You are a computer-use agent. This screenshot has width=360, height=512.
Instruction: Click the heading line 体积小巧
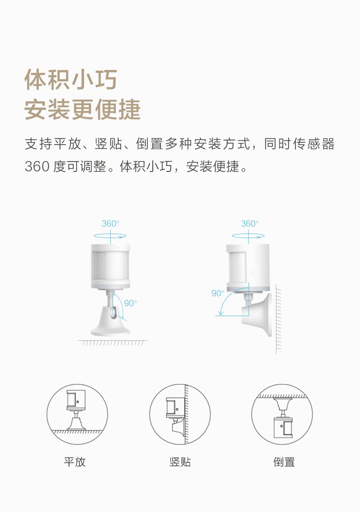(71, 79)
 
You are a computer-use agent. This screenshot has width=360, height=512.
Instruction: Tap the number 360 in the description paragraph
(37, 166)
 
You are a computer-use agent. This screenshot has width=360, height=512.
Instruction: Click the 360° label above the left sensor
(110, 224)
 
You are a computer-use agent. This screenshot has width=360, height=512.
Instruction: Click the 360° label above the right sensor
(250, 224)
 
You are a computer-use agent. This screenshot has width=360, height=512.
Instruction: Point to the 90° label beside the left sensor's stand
(130, 303)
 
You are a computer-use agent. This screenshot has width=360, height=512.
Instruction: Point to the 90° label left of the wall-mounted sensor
(218, 293)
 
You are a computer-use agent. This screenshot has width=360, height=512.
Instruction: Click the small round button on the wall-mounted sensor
(252, 272)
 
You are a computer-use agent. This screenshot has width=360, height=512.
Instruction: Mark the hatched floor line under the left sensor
(113, 343)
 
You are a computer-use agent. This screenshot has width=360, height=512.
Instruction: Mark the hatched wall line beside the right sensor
(278, 319)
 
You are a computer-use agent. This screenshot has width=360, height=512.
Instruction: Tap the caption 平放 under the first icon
(75, 462)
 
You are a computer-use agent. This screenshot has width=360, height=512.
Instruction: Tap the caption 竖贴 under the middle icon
(180, 462)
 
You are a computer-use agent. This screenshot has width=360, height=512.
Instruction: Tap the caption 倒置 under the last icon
(284, 462)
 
